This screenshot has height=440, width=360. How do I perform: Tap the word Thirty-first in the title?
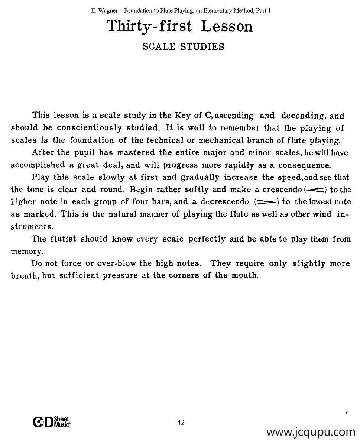(x=149, y=26)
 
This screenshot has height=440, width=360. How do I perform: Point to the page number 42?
(x=181, y=422)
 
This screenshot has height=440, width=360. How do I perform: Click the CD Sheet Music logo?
(x=52, y=422)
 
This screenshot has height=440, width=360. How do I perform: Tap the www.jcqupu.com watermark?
(x=311, y=432)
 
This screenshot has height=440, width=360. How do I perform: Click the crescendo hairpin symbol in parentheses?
(x=315, y=190)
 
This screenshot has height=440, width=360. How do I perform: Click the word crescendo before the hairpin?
(x=282, y=190)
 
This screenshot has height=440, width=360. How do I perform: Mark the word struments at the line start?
(x=32, y=226)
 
